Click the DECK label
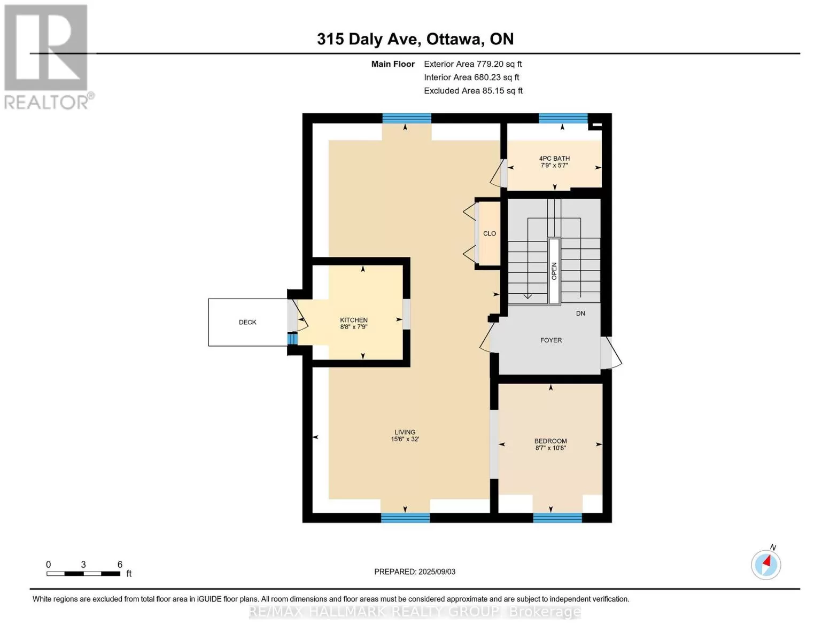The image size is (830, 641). [x=247, y=322]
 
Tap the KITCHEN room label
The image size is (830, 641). [x=354, y=320]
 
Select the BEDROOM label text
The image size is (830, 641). [x=550, y=441]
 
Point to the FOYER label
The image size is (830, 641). [x=551, y=340]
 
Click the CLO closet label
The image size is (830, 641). [x=490, y=233]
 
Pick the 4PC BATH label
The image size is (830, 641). [x=554, y=159]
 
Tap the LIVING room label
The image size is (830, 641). [x=405, y=432]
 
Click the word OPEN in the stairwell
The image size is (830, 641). [x=554, y=271]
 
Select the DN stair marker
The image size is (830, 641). [x=580, y=314]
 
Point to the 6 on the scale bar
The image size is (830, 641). [x=120, y=564]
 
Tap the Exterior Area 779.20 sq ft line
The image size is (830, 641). [x=472, y=64]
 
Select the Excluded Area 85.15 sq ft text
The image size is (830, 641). [x=473, y=91]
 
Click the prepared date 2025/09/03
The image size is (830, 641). [x=437, y=572]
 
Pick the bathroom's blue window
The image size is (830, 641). [x=563, y=119]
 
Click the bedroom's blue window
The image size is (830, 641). [x=557, y=518]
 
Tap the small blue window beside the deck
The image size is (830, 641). [x=292, y=339]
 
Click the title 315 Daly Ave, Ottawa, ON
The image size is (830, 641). [x=415, y=39]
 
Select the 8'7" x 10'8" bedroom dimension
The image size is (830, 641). [x=550, y=448]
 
